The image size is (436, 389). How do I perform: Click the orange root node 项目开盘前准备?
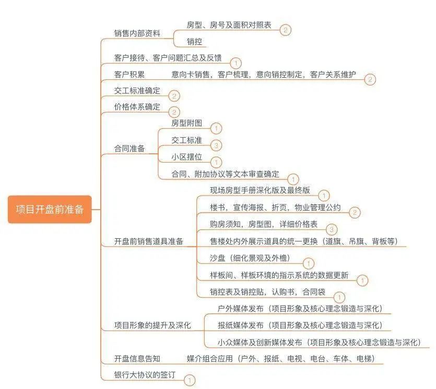pyautogui.click(x=50, y=209)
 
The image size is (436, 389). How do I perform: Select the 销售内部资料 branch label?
pyautogui.click(x=137, y=33)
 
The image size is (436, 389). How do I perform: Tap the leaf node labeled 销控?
pyautogui.click(x=194, y=42)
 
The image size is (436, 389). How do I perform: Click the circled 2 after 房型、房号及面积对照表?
pyautogui.click(x=285, y=30)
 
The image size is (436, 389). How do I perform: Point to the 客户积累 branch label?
pyautogui.click(x=129, y=74)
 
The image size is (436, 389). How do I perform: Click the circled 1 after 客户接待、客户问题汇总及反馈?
pyautogui.click(x=235, y=63)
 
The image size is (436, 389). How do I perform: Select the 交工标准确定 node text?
pyautogui.click(x=137, y=91)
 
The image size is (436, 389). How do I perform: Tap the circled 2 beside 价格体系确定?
pyautogui.click(x=174, y=112)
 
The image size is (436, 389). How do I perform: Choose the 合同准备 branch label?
pyautogui.click(x=129, y=149)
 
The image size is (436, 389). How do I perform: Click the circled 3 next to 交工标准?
pyautogui.click(x=217, y=145)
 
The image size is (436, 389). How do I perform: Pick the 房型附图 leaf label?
pyautogui.click(x=186, y=123)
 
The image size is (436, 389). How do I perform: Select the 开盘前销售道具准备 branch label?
pyautogui.click(x=149, y=241)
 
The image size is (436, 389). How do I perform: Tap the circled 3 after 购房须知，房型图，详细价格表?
pyautogui.click(x=332, y=229)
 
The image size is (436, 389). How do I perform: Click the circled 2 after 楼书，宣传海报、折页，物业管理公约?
pyautogui.click(x=354, y=212)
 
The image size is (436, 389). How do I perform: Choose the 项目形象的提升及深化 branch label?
pyautogui.click(x=152, y=325)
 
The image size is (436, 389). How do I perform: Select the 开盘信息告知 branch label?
pyautogui.click(x=137, y=359)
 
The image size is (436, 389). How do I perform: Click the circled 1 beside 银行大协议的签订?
pyautogui.click(x=190, y=381)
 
